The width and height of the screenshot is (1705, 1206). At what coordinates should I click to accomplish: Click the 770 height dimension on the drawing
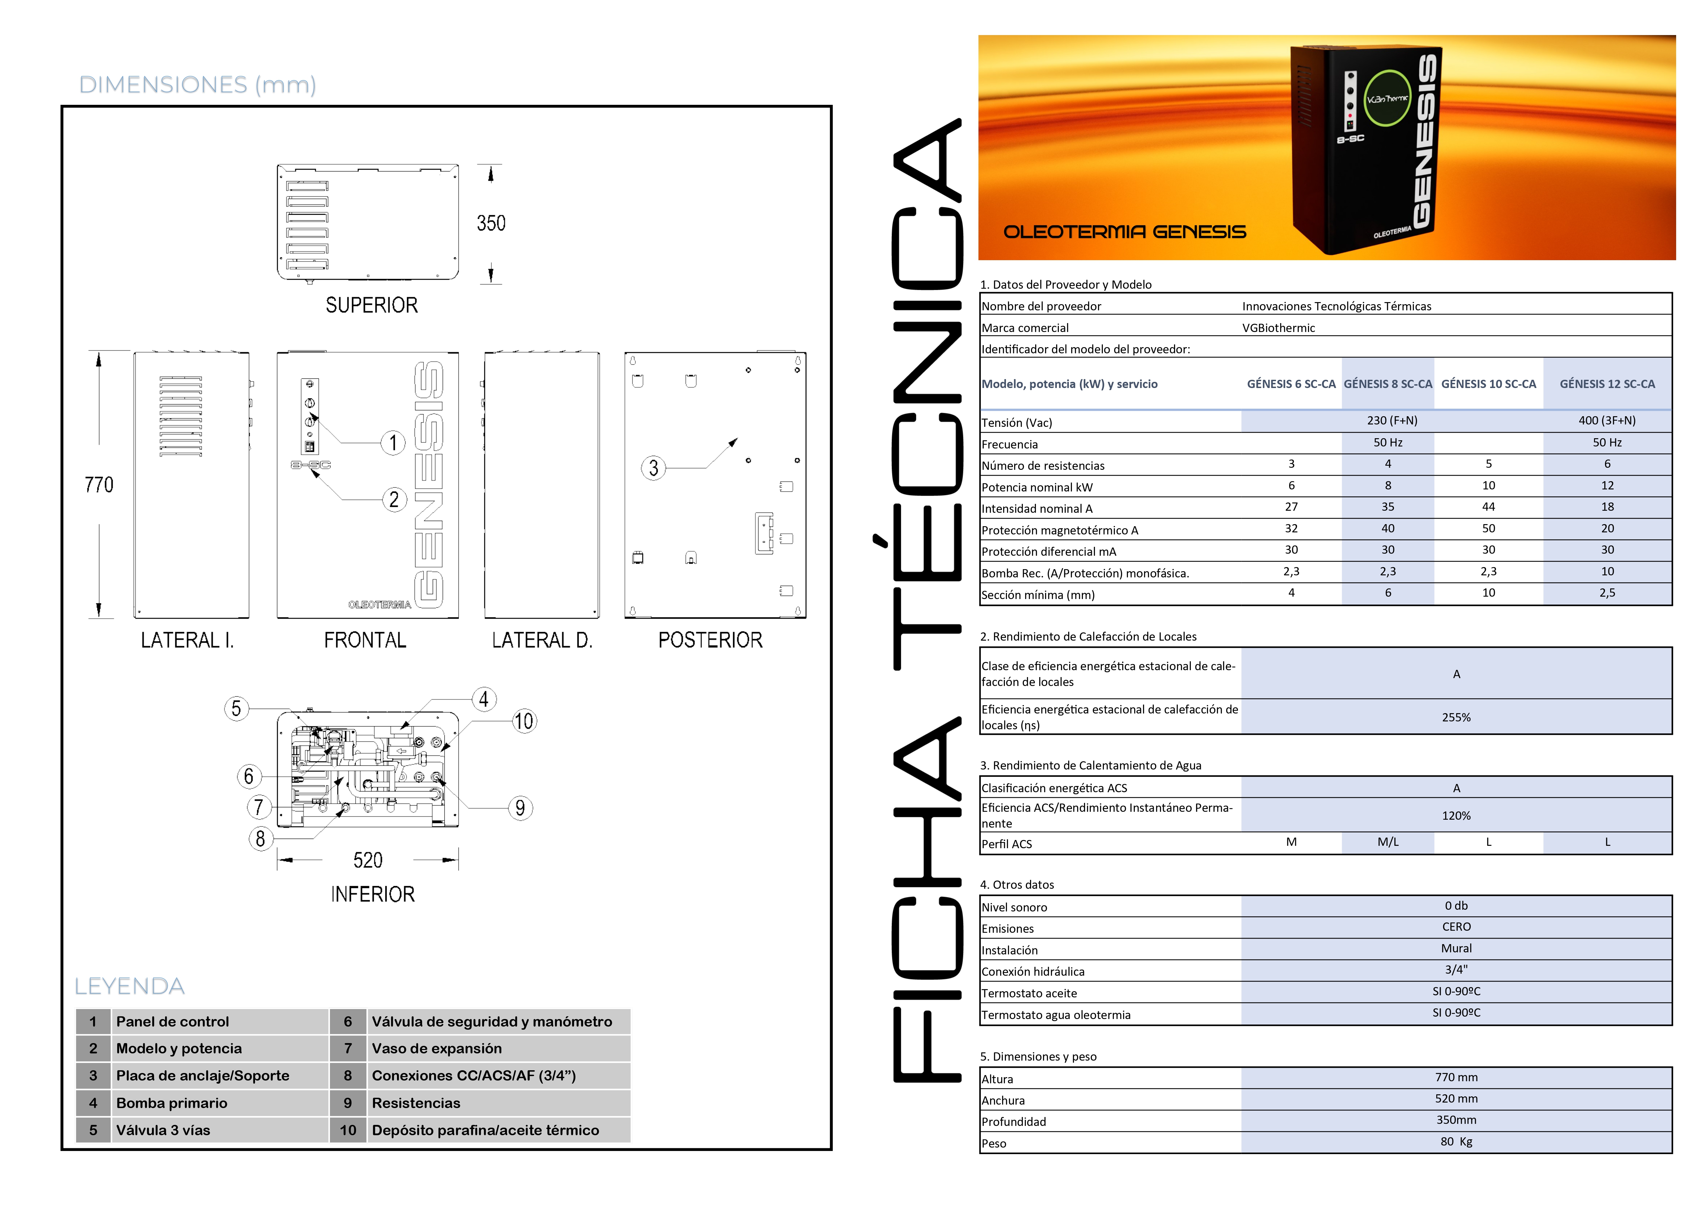coord(99,485)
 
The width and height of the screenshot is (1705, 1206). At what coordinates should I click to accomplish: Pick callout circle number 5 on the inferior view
coord(236,708)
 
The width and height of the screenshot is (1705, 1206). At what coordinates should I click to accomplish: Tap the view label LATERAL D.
coord(542,640)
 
